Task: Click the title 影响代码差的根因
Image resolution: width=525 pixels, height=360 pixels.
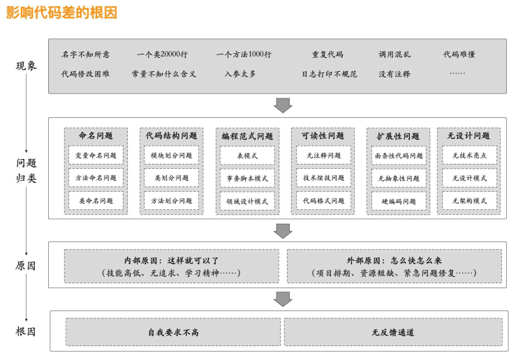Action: pyautogui.click(x=61, y=12)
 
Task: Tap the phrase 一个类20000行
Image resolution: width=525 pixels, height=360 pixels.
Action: pyautogui.click(x=164, y=54)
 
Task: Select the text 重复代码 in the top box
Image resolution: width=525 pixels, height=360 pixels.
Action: pyautogui.click(x=327, y=54)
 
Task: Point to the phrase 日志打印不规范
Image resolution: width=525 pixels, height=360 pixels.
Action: pyautogui.click(x=329, y=73)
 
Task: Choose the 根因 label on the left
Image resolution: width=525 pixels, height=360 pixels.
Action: pyautogui.click(x=26, y=331)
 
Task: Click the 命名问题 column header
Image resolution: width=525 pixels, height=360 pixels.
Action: pyautogui.click(x=96, y=135)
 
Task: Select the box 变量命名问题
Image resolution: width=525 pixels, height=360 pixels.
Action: pyautogui.click(x=96, y=156)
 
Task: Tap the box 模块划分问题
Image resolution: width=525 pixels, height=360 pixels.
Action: pyautogui.click(x=171, y=156)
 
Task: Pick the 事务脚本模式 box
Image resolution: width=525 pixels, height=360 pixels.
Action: pyautogui.click(x=247, y=179)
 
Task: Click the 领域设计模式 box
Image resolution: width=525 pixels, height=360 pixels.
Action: pyautogui.click(x=247, y=201)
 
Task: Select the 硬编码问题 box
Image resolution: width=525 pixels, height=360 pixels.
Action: pyautogui.click(x=399, y=201)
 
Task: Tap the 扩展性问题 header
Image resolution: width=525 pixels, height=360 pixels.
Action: pyautogui.click(x=399, y=135)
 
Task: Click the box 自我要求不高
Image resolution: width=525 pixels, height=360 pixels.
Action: pyautogui.click(x=173, y=332)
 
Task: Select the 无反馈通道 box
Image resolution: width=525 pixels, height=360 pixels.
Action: pyautogui.click(x=393, y=332)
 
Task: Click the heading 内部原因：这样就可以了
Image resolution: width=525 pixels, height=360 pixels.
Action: pyautogui.click(x=171, y=260)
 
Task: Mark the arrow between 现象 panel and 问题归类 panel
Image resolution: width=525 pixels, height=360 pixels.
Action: pyautogui.click(x=283, y=105)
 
